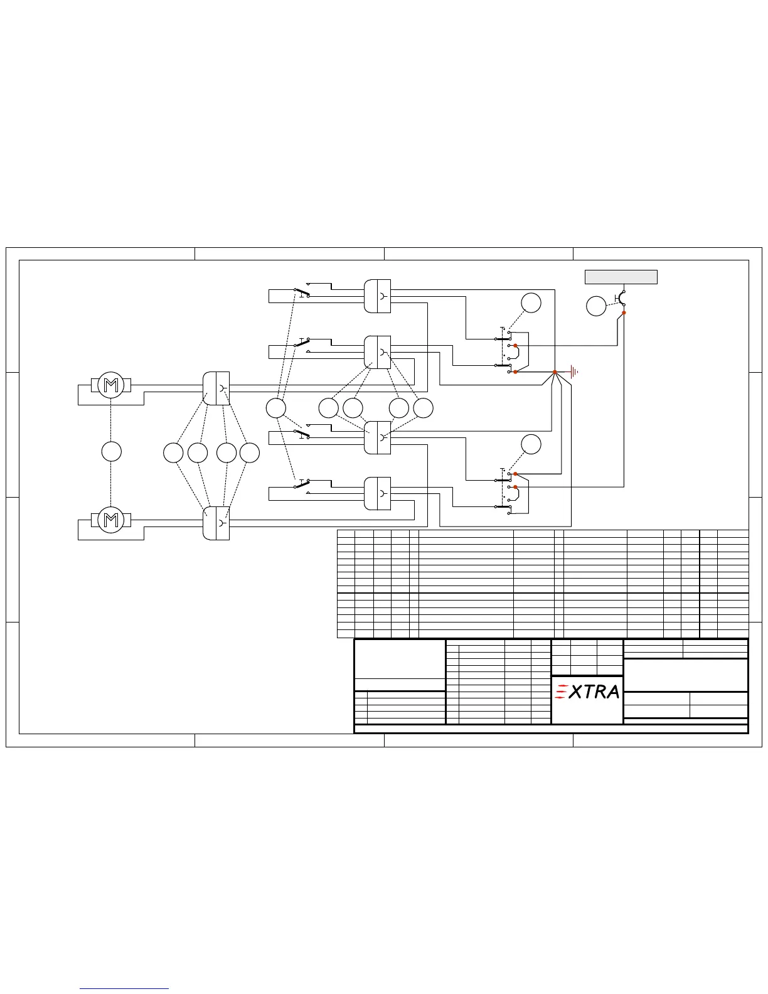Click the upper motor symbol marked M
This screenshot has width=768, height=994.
click(110, 385)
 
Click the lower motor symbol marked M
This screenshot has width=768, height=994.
click(110, 520)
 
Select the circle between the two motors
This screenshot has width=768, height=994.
click(111, 451)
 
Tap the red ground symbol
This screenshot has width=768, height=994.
click(575, 372)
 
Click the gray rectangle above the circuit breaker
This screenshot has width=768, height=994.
click(621, 277)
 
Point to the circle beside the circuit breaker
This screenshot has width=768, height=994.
click(596, 306)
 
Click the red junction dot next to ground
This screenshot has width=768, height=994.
click(555, 372)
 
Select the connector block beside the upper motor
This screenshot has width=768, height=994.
click(216, 388)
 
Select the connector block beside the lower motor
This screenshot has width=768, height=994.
click(216, 523)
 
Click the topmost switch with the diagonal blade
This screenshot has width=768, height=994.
click(302, 292)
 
